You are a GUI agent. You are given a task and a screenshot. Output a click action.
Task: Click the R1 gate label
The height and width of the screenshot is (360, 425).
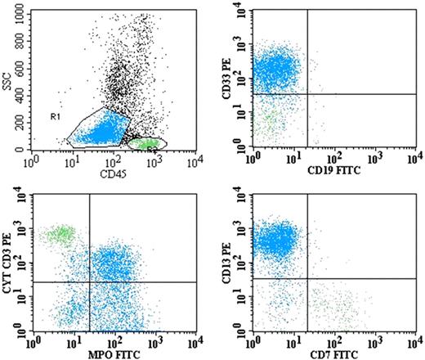point(54,119)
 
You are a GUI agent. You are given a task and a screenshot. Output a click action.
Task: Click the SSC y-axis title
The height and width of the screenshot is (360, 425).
point(8,78)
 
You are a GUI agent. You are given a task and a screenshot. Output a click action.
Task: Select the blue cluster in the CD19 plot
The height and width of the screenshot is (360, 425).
point(277,70)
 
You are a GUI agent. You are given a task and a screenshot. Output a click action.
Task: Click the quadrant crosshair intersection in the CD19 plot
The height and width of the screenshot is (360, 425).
point(306,94)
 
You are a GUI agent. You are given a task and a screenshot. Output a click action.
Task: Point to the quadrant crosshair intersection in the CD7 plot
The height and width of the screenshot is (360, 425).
point(306,279)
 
